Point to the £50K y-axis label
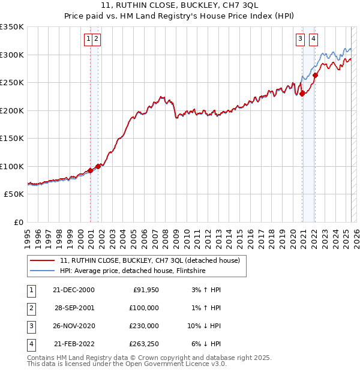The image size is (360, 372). tap(14, 194)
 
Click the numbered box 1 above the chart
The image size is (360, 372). tap(88, 40)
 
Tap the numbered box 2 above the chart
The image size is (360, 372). tap(96, 40)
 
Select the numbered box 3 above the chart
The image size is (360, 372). tap(300, 40)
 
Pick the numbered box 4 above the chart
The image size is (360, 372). tap(313, 40)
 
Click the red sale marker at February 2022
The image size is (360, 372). tap(316, 75)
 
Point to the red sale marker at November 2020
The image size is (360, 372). tap(302, 94)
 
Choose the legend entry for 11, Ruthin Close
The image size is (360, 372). tap(149, 260)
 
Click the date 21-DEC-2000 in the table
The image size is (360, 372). tap(73, 290)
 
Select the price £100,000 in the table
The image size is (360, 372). tap(144, 308)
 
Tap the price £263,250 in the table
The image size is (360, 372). tap(144, 344)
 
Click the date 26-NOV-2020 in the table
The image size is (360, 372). tap(73, 326)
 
